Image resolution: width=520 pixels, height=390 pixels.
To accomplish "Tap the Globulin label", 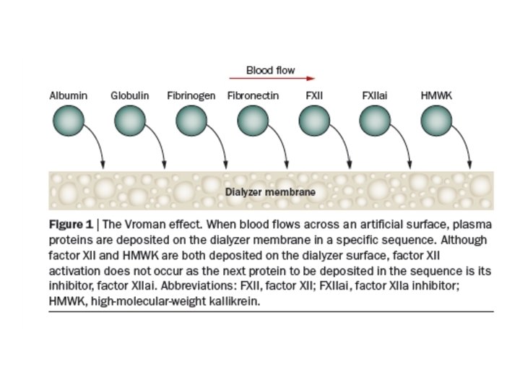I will [129, 95].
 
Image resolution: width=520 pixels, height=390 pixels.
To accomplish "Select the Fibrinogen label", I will [191, 95].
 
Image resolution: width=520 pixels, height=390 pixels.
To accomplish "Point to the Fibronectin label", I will [253, 95].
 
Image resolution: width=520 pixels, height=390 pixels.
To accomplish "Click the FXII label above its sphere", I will [314, 95].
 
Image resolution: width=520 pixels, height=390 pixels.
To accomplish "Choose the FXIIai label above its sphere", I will [376, 95].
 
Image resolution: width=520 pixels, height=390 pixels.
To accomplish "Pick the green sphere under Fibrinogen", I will [191, 120].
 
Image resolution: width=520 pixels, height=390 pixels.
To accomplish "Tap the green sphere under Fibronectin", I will [251, 120].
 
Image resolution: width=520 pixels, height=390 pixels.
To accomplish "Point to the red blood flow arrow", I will [271, 79].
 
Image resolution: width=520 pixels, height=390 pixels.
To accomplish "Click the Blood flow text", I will [270, 70].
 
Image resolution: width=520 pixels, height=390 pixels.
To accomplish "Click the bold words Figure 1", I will [71, 224].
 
